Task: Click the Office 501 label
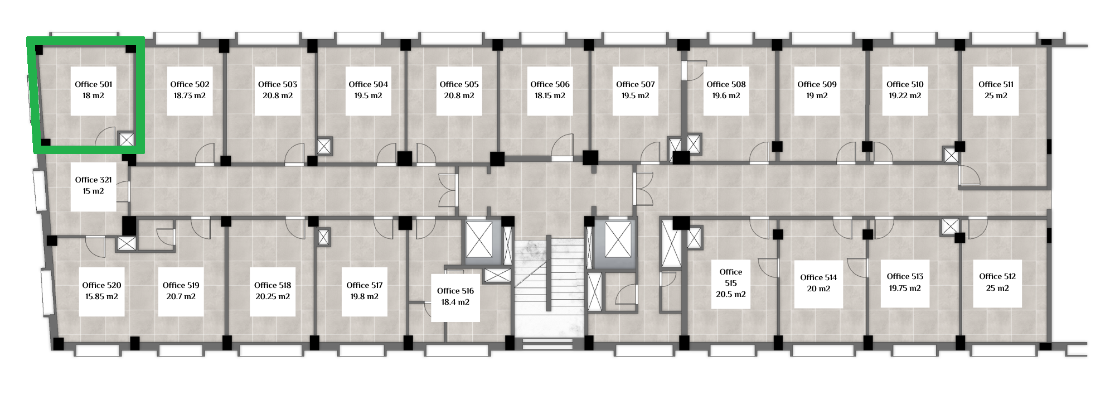pos(94,84)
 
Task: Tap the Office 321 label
pos(94,180)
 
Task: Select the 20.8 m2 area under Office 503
pos(278,95)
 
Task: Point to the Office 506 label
pos(550,84)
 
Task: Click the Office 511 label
pos(996,84)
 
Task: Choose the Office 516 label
pos(455,291)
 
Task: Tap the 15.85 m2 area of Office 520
pos(101,296)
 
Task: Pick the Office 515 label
pos(731,277)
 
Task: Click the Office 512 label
pos(997,276)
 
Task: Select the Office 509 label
pos(817,84)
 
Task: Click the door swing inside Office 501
pos(106,137)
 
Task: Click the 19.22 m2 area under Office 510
pos(905,95)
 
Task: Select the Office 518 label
pos(273,285)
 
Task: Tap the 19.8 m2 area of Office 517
pos(365,296)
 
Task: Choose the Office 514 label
pos(818,277)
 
